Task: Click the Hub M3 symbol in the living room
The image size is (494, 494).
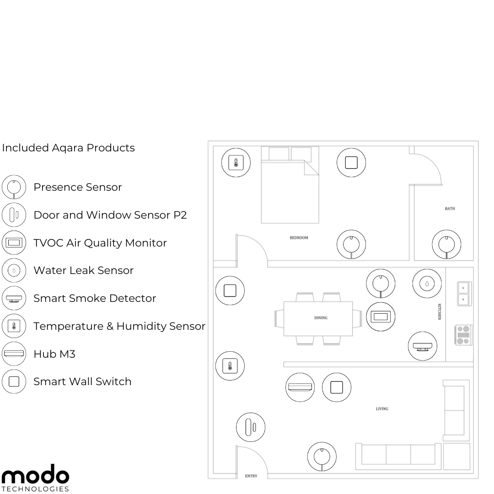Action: tap(300, 387)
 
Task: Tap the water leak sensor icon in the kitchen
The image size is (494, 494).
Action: tap(427, 284)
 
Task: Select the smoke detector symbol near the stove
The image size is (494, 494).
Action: tap(423, 346)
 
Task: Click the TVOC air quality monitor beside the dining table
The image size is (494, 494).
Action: tap(381, 317)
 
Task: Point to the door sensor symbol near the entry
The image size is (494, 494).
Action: tap(251, 427)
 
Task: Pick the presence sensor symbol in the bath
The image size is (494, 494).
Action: tap(446, 244)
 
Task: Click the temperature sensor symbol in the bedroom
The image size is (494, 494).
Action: tap(236, 162)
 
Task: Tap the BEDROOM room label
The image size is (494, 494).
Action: tap(299, 237)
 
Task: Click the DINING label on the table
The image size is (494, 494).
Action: tap(321, 317)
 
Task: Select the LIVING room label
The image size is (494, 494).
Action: tap(382, 408)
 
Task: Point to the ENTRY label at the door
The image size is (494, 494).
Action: tap(251, 476)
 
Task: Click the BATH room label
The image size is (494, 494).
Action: tap(450, 209)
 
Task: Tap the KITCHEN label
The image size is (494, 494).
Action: tap(440, 311)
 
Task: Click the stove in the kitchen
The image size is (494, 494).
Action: tap(463, 334)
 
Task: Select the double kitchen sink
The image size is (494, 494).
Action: tap(464, 294)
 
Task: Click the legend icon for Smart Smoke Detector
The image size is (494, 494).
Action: tap(14, 298)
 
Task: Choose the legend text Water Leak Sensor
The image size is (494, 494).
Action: tap(84, 270)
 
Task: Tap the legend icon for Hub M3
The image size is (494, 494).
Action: tap(14, 354)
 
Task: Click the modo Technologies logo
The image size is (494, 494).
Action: tap(35, 478)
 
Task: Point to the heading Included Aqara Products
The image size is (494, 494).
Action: tap(68, 148)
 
